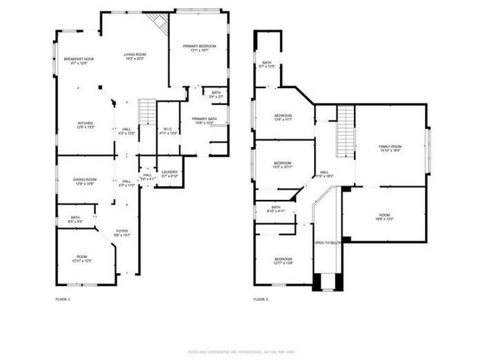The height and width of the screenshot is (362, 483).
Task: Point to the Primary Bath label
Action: (x=204, y=121)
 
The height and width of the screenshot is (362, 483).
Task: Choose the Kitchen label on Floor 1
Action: (x=85, y=125)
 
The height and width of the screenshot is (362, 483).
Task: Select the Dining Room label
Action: (x=85, y=181)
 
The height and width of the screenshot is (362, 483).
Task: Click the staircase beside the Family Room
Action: (x=345, y=128)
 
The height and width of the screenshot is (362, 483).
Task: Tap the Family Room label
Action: (x=390, y=148)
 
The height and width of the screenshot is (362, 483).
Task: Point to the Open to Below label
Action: (x=328, y=243)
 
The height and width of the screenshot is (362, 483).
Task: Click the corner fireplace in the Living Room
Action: (x=159, y=23)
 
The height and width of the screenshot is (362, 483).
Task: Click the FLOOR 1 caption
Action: (x=63, y=299)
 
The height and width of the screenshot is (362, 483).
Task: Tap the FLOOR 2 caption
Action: (x=260, y=299)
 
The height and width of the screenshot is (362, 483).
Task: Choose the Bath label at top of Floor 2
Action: (x=266, y=64)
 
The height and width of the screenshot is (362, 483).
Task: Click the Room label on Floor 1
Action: (x=82, y=259)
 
